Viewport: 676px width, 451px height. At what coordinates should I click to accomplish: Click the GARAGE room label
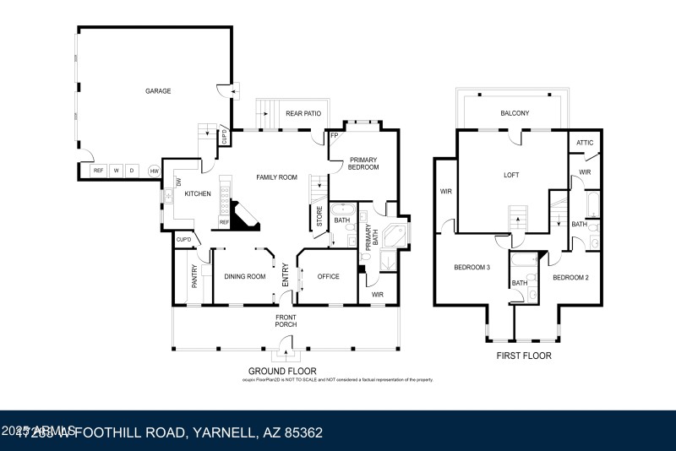coord(157,90)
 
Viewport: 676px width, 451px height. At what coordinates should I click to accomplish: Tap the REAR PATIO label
coord(303,113)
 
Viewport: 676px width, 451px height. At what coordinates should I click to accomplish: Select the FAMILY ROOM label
coord(277,177)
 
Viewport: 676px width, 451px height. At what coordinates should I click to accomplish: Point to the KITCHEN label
coord(198,193)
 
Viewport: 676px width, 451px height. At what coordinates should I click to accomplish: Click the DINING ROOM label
coord(245,276)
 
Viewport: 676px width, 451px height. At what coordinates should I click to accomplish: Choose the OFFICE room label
coord(328,276)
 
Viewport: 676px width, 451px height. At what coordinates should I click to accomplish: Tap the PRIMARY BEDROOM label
coord(363,163)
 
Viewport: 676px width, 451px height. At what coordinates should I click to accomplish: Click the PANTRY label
coord(194,277)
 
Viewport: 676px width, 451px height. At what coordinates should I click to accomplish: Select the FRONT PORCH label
coord(286,320)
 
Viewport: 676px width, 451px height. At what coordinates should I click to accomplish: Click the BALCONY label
coord(515,113)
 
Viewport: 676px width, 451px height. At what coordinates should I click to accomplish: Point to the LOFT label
coord(511,175)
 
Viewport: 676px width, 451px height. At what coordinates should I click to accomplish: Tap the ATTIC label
coord(585,144)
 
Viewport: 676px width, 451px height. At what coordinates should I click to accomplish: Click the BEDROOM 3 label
coord(472,267)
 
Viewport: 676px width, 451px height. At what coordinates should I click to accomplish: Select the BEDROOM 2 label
coord(570,277)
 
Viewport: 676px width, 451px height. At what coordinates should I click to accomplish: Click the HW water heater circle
coord(155,171)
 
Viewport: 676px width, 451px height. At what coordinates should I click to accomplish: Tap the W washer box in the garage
coord(117,171)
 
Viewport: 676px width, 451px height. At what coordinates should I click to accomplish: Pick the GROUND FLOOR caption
coord(282,371)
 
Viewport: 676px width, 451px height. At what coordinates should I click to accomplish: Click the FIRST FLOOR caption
coord(525,356)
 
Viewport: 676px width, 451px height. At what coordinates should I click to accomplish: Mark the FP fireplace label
coord(334,136)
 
